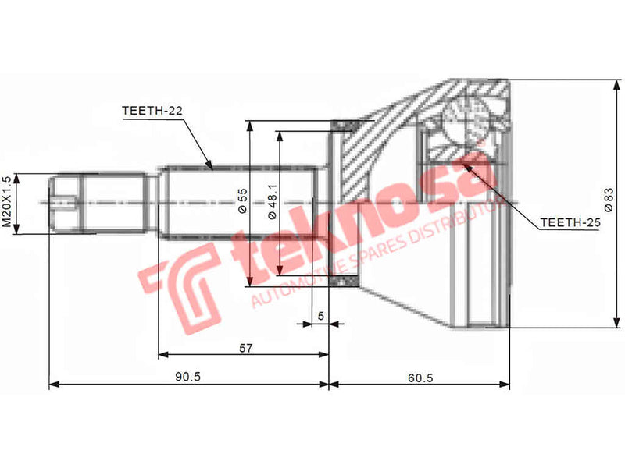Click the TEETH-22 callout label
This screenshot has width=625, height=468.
(x=152, y=111)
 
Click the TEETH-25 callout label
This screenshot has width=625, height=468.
(x=570, y=222)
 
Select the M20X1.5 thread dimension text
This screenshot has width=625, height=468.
(x=7, y=202)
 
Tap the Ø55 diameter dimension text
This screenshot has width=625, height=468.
(x=242, y=202)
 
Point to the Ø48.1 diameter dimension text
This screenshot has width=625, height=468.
(x=272, y=202)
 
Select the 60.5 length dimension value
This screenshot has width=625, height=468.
(x=420, y=376)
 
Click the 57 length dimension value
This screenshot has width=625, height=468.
(x=245, y=349)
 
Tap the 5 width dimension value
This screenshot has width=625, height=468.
(x=320, y=316)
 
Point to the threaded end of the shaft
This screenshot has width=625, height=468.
(x=62, y=204)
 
